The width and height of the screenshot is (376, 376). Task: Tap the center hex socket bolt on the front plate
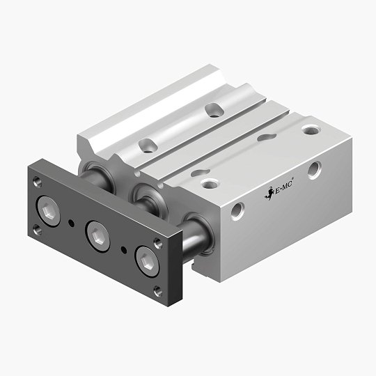tap(95, 232)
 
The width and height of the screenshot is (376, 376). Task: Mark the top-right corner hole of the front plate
tap(157, 241)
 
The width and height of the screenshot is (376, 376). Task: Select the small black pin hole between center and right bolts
tap(123, 249)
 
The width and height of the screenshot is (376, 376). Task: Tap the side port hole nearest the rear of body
tap(315, 168)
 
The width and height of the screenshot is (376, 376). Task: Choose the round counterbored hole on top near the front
tap(208, 184)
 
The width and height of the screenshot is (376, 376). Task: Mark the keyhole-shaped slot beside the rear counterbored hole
tap(265, 137)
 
